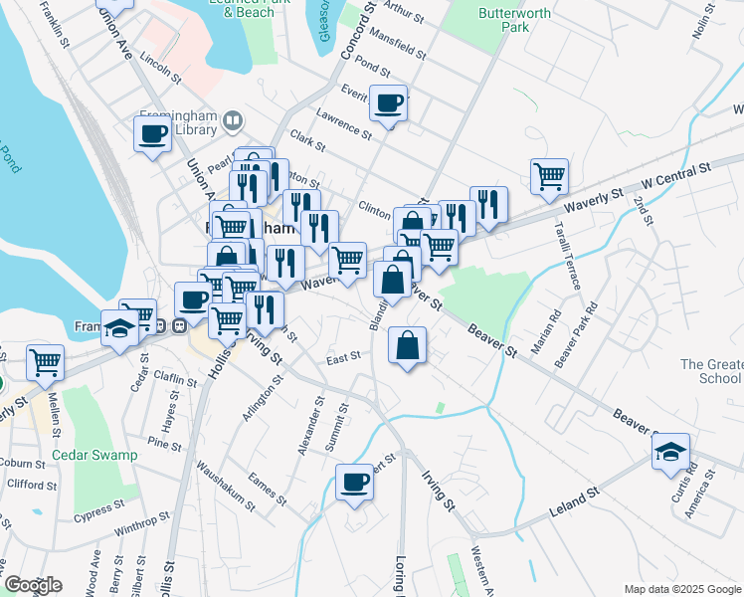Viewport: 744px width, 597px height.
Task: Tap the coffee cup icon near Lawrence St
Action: pyautogui.click(x=389, y=101)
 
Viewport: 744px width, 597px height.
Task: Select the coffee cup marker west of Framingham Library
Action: pyautogui.click(x=153, y=133)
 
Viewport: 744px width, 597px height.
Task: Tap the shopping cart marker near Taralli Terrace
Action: pyautogui.click(x=549, y=176)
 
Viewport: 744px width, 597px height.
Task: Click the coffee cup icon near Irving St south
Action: pyautogui.click(x=355, y=483)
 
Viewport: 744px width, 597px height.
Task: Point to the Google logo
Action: pyautogui.click(x=32, y=585)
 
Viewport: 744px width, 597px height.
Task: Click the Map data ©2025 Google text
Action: pyautogui.click(x=681, y=589)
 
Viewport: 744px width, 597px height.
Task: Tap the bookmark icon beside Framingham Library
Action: pyautogui.click(x=233, y=121)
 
